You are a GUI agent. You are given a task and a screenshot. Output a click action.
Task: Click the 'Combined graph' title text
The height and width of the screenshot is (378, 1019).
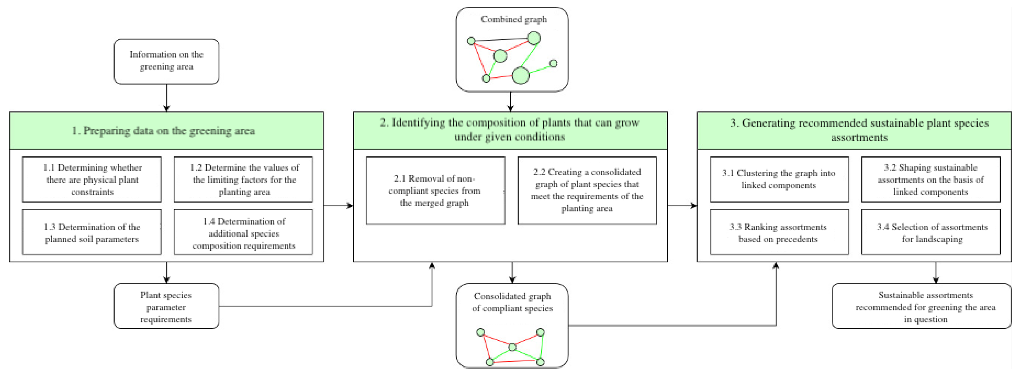coord(513,19)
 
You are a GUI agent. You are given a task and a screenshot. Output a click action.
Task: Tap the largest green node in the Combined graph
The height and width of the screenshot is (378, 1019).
coord(521,75)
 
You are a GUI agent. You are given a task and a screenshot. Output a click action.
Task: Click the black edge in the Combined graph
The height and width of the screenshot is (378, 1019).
coord(502,39)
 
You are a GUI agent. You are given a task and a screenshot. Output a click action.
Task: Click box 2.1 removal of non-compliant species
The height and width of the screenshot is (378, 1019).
coord(435,190)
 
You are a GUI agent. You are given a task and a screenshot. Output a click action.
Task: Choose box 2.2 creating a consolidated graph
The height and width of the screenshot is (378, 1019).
coord(587,190)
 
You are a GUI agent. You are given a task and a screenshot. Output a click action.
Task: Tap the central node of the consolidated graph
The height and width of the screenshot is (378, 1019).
coord(512,347)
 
